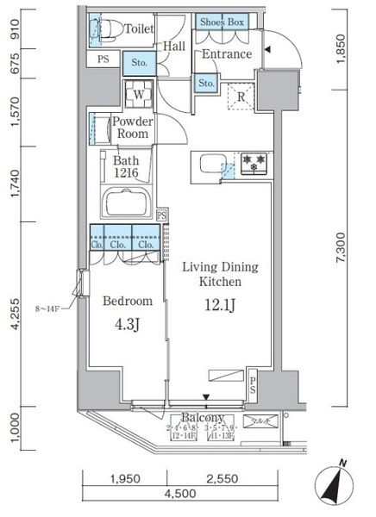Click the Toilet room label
tap(140, 28)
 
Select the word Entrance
tap(227, 54)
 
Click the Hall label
tap(174, 47)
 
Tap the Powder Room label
tap(133, 128)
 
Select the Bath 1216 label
tap(126, 166)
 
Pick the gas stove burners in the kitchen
tap(254, 163)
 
